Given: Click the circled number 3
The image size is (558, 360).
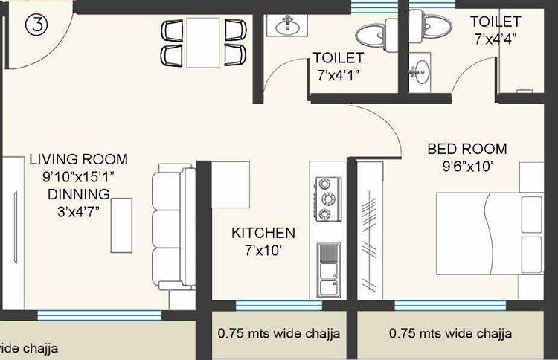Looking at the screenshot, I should click(36, 25).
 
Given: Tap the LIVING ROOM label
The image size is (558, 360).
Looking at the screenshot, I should click(78, 159).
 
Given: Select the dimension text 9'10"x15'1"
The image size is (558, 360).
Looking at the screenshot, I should click(78, 176).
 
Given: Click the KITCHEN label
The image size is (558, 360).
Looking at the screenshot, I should click(263, 233).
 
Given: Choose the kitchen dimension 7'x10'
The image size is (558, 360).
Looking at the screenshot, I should click(263, 251).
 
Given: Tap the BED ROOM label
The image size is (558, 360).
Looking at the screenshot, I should click(466, 149).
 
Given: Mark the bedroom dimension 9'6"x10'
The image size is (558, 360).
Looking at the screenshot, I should click(466, 167).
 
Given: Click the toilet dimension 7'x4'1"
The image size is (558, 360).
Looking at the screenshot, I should click(339, 74).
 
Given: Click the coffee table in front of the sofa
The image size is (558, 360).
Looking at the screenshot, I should click(121, 225).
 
